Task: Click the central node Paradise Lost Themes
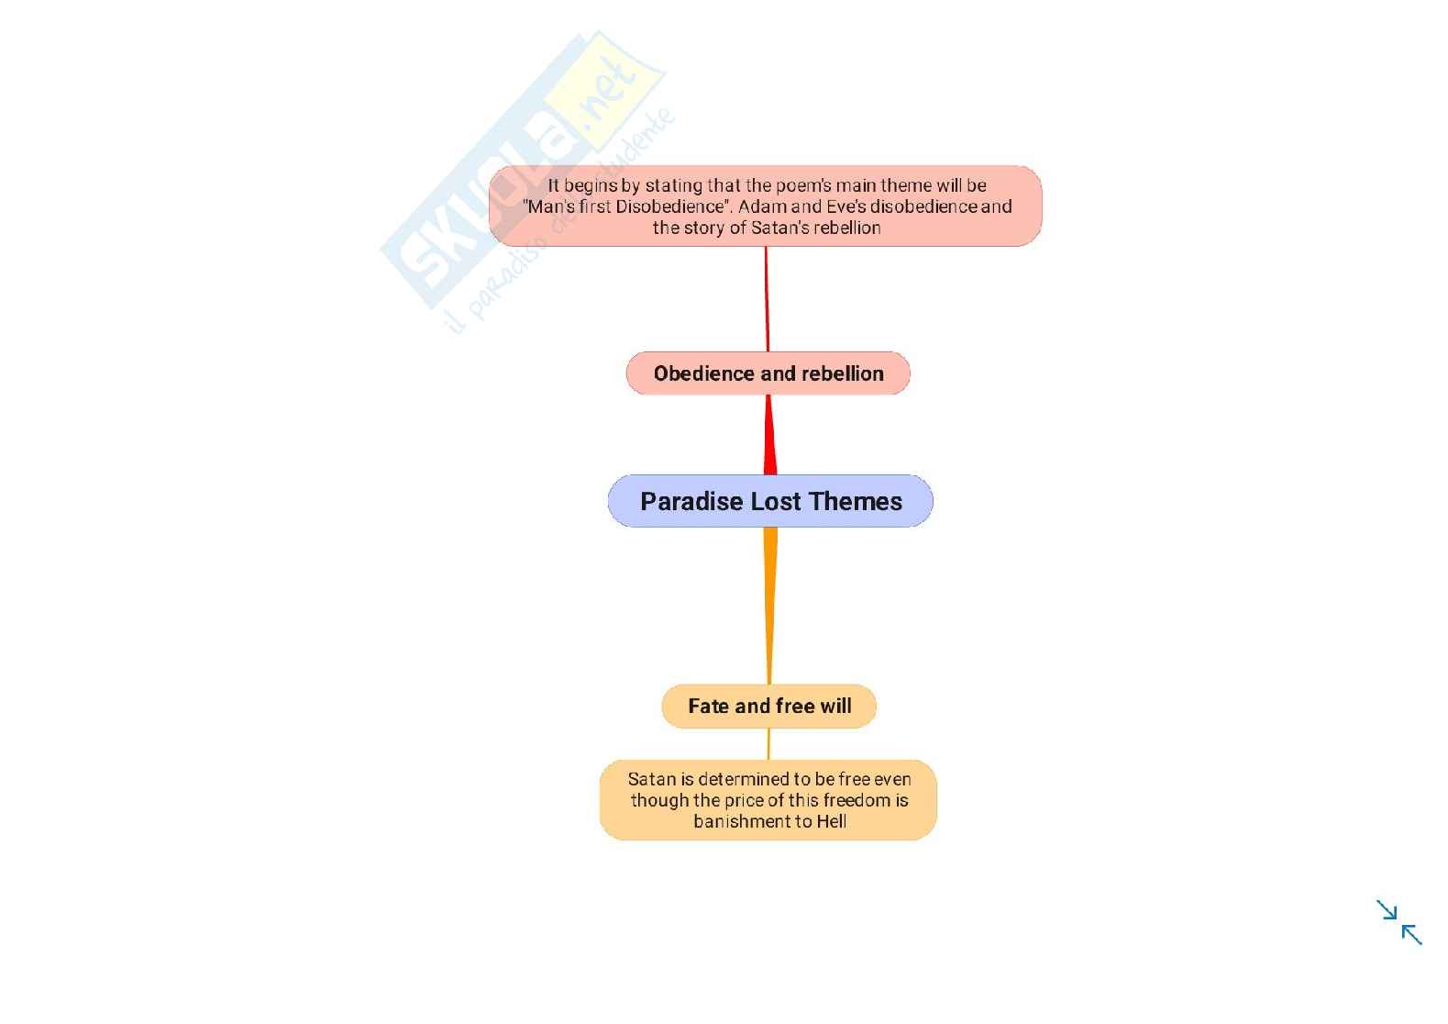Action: point(770,501)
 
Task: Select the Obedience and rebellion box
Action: point(768,373)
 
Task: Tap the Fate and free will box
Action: point(769,707)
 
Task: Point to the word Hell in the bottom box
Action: point(831,821)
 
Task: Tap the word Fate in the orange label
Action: point(708,707)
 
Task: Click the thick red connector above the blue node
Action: point(770,436)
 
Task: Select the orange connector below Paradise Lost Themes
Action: point(770,606)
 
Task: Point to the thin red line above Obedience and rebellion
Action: point(767,298)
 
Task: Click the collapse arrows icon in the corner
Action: point(1398,922)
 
